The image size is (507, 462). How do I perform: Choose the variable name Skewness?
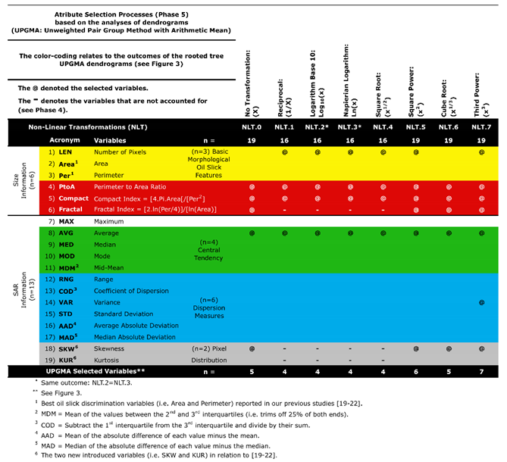point(111,348)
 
